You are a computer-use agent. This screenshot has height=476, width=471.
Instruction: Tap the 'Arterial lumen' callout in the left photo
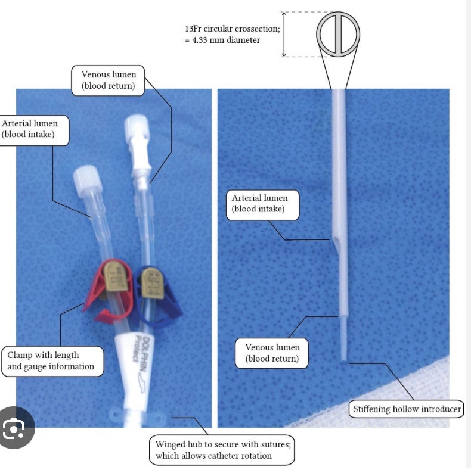[x=34, y=129]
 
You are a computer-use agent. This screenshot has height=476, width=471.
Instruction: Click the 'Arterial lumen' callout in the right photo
[x=259, y=203]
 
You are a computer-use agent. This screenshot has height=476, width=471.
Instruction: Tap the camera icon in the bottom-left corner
[x=17, y=428]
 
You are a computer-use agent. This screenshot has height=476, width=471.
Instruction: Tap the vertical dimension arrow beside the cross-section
[x=286, y=34]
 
